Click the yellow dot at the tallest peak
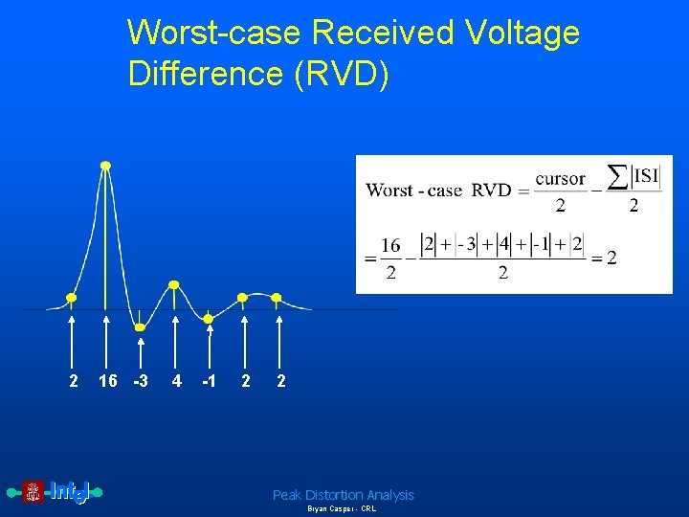[105, 166]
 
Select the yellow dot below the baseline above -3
[140, 327]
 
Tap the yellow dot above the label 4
[173, 284]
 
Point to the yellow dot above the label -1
[209, 317]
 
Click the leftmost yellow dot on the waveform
[71, 297]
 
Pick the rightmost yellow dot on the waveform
[277, 297]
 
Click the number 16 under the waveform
[108, 381]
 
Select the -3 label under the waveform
[141, 381]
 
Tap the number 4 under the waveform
[176, 381]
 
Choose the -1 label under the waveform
[209, 381]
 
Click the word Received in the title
[383, 33]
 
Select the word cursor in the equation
[560, 179]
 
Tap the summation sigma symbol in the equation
[619, 177]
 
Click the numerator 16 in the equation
[389, 246]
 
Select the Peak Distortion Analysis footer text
[343, 495]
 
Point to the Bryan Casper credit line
[342, 509]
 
